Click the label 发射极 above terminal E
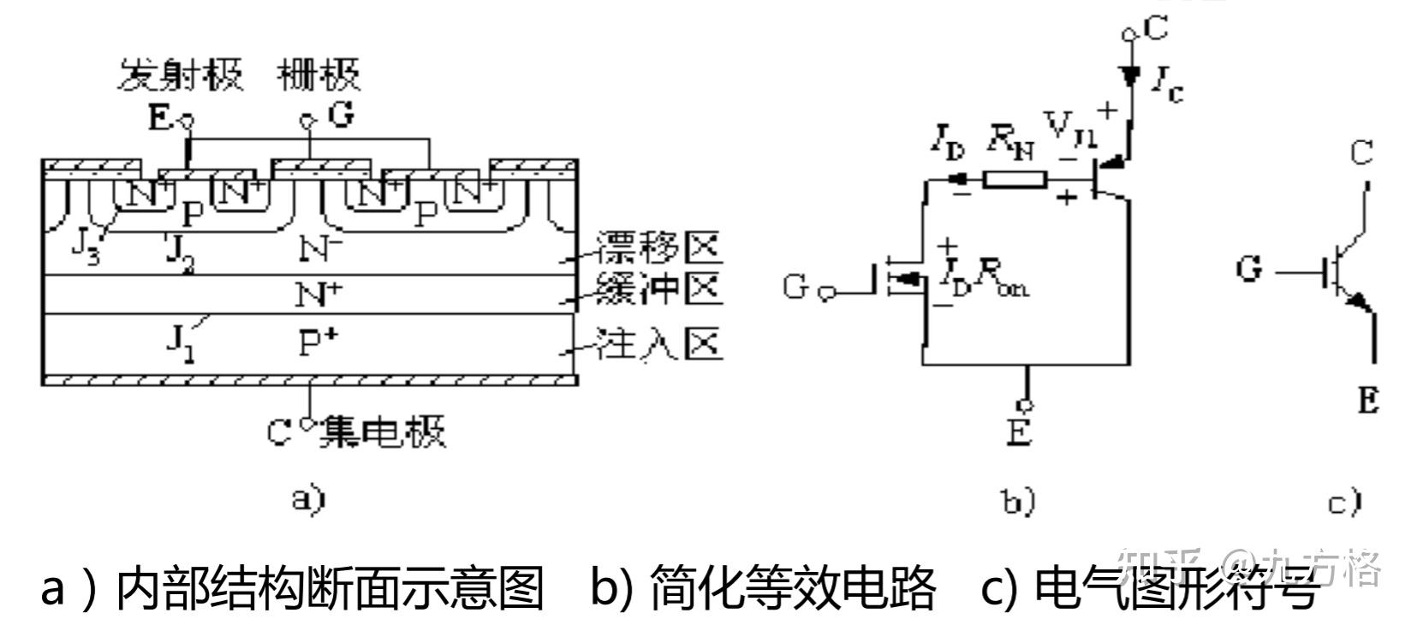[180, 75]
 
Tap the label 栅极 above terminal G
[319, 75]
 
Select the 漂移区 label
[659, 247]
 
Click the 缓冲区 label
[659, 289]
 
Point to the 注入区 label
[659, 344]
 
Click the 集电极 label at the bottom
[382, 432]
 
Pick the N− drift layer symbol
[321, 249]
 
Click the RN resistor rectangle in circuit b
[1015, 179]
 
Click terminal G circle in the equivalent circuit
[825, 294]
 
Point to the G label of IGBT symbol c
[1249, 270]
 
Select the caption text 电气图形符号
[1173, 588]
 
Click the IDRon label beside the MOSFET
[985, 279]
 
